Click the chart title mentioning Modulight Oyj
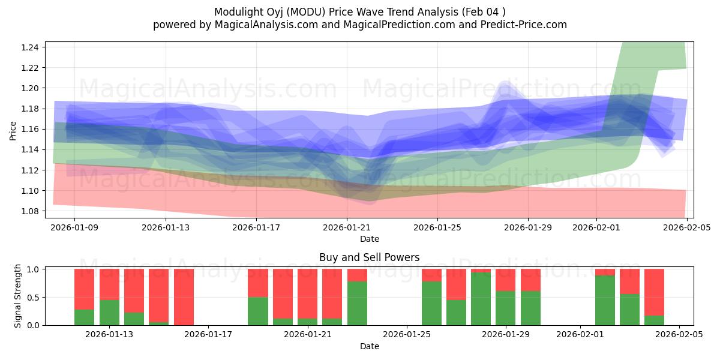point(360,12)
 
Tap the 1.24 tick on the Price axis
point(31,47)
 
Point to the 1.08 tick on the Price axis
point(31,211)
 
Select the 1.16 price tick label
point(31,129)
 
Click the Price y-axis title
point(13,130)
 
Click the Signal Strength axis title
point(18,296)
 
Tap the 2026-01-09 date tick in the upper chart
point(74,227)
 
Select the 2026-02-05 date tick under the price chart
point(686,227)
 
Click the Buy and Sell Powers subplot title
point(369,257)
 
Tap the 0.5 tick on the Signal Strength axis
point(34,298)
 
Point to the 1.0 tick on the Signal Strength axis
point(34,269)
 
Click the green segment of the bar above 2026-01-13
point(109,313)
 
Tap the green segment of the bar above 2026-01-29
point(506,308)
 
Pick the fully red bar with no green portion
point(184,297)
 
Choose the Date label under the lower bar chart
point(369,346)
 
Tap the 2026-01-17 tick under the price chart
point(256,227)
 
